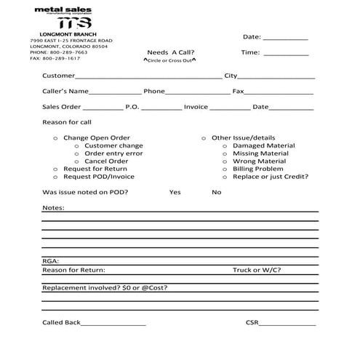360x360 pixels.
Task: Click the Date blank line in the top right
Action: click(285, 39)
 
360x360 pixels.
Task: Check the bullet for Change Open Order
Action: click(56, 137)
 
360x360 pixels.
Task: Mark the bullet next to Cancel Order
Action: click(77, 161)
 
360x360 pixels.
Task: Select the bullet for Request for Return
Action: click(56, 169)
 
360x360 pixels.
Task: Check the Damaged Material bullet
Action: click(225, 145)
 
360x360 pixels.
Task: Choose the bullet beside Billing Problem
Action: click(225, 169)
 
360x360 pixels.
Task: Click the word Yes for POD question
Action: click(175, 193)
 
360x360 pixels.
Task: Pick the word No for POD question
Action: click(217, 193)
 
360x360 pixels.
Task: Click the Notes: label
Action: click(53, 208)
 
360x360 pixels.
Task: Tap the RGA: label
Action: click(50, 260)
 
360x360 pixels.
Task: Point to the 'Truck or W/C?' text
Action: click(257, 270)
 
